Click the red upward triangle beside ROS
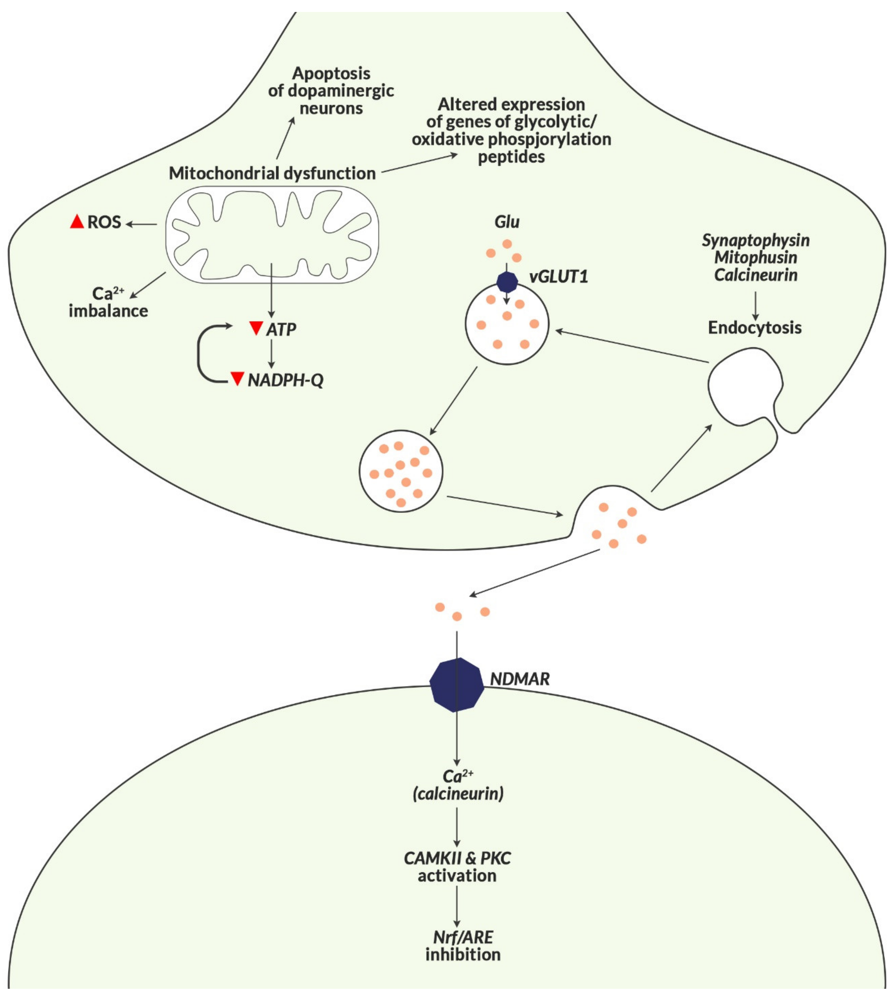(77, 222)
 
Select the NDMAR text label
(520, 679)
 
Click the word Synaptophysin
(755, 240)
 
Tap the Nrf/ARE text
(463, 937)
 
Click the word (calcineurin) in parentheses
(458, 793)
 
